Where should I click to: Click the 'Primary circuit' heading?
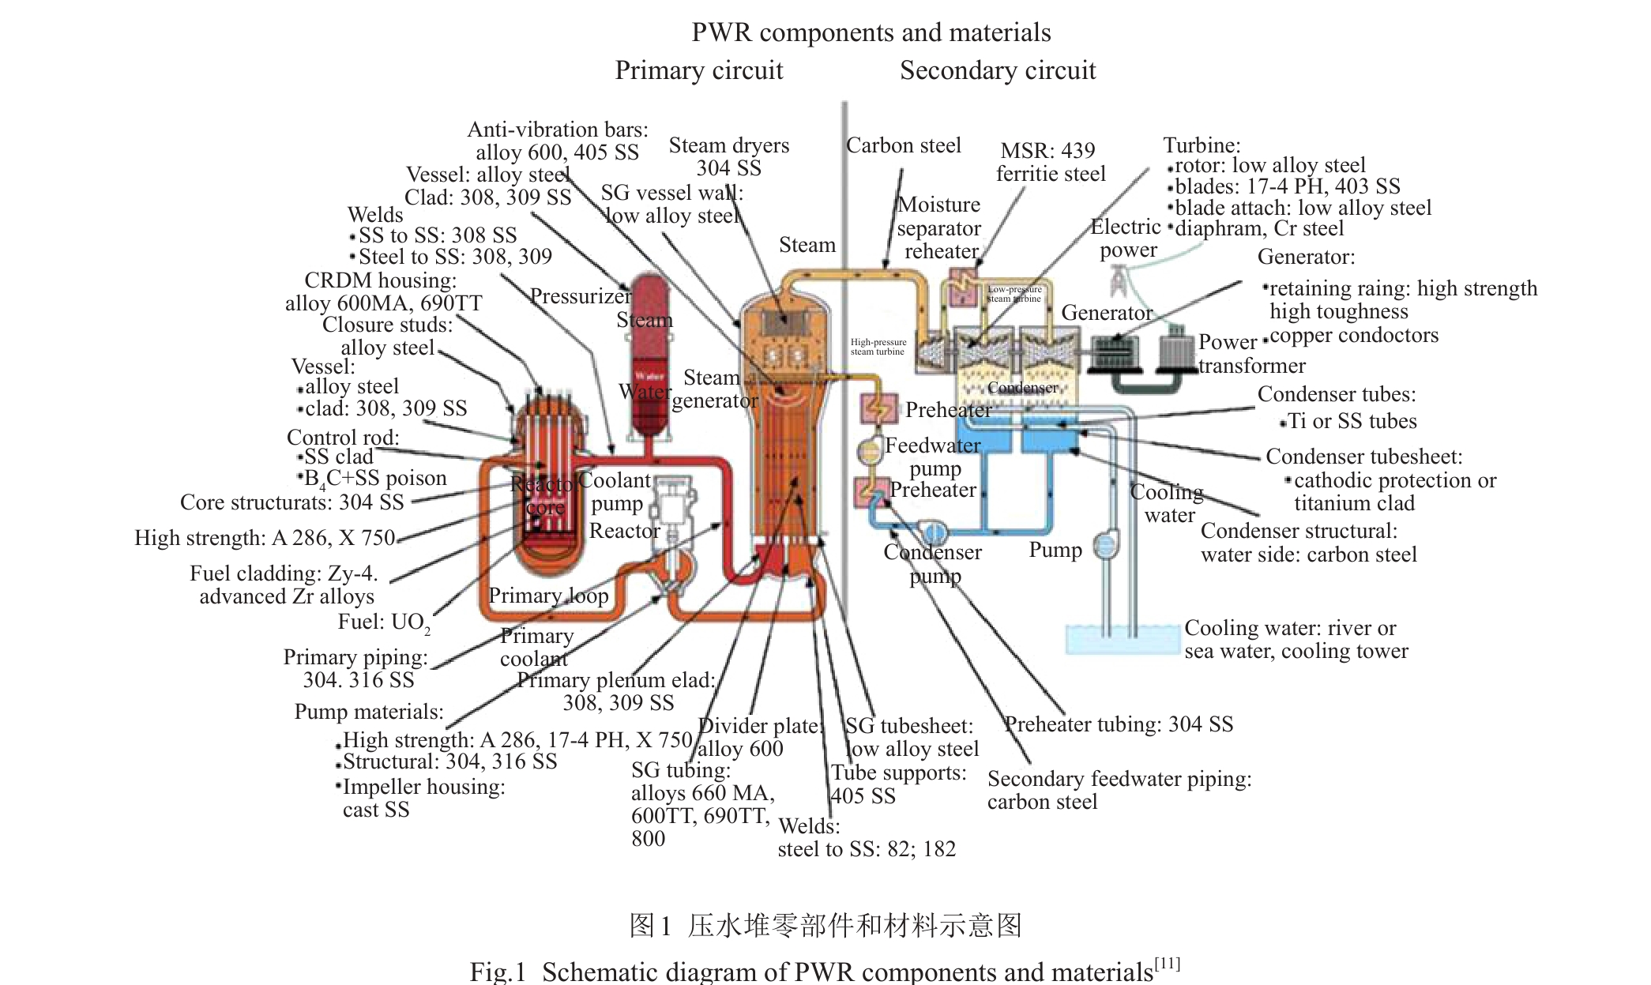click(699, 70)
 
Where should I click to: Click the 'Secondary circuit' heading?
click(998, 70)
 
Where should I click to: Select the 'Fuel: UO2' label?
click(384, 622)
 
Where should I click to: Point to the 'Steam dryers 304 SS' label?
click(728, 156)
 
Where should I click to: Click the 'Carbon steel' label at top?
click(903, 145)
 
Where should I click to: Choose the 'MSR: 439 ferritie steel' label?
click(1050, 162)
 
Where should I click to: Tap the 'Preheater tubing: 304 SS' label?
click(1118, 724)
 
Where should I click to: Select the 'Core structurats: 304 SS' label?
click(291, 502)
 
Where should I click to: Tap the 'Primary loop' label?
click(548, 596)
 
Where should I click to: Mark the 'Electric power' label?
click(1126, 238)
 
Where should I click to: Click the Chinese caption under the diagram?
click(825, 925)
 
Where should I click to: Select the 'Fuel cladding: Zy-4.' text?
click(284, 573)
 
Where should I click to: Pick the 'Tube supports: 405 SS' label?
click(898, 784)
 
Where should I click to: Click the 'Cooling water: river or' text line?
click(1290, 628)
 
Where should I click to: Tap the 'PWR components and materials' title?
click(871, 32)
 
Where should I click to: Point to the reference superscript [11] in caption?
click(1167, 964)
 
